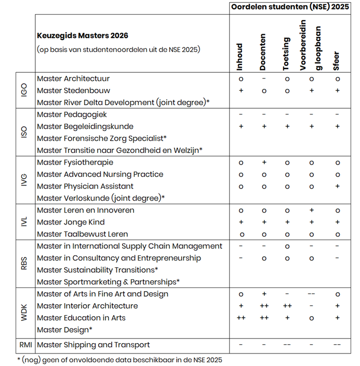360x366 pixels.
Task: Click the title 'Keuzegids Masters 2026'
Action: point(83,36)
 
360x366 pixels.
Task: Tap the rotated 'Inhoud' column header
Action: point(240,57)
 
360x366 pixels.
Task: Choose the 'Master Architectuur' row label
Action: point(73,79)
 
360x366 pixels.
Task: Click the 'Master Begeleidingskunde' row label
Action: point(85,126)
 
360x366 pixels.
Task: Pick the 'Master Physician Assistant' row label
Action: point(85,186)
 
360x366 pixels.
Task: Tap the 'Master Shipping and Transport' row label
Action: point(94,344)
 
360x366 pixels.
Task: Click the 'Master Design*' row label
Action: point(65,330)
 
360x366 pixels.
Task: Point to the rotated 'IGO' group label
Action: point(24,90)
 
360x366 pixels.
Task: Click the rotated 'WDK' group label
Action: point(24,311)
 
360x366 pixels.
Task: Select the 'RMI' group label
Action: point(25,344)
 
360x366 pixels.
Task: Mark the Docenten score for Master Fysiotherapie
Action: point(264,162)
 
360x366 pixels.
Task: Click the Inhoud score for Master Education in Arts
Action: point(241,318)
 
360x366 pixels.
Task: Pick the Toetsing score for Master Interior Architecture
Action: point(287,306)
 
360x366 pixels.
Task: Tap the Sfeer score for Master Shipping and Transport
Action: point(337,344)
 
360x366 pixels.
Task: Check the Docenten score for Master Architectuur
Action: point(264,79)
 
